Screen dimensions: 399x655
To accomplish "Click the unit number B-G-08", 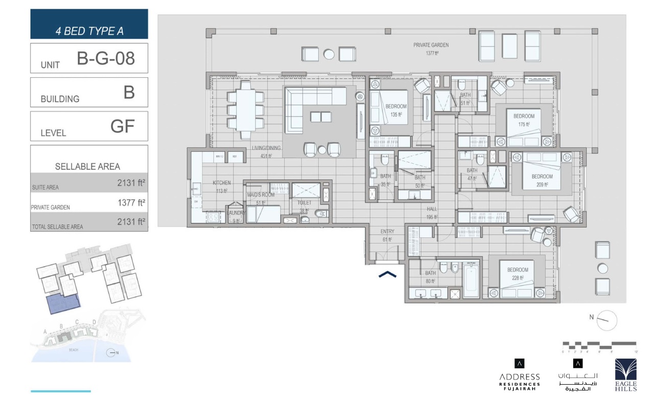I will click(106, 59).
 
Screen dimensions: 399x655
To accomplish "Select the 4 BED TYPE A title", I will click(89, 31).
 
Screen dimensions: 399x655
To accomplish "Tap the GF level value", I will click(122, 126).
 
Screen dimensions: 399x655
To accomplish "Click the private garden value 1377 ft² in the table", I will click(131, 203).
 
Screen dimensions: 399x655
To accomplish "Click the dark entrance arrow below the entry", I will click(387, 275).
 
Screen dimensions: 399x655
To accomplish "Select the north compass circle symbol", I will click(607, 320).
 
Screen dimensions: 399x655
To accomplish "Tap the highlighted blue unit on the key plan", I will click(63, 304).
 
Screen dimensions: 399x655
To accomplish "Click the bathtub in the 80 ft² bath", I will click(471, 280).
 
